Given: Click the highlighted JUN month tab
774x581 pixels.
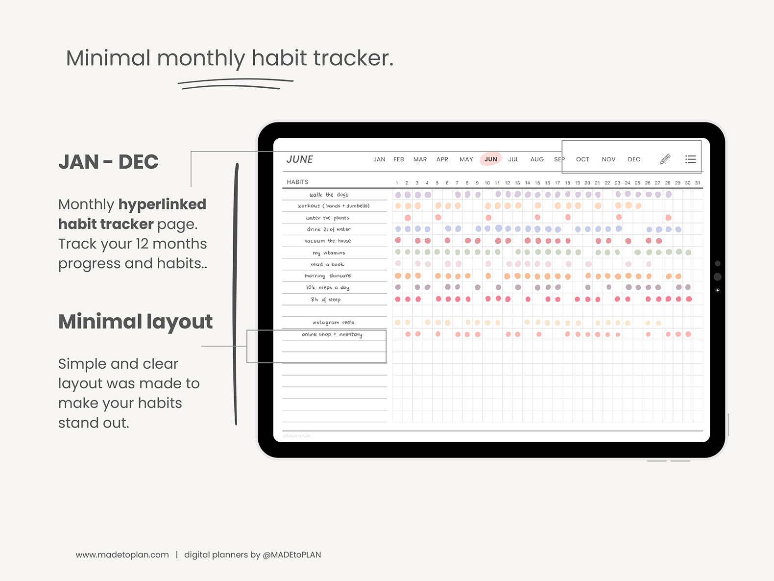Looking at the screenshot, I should tap(490, 159).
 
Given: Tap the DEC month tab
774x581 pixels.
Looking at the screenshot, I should tap(634, 159).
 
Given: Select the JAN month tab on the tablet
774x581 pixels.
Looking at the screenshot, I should tap(379, 159).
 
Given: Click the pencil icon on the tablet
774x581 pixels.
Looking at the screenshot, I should tap(665, 159).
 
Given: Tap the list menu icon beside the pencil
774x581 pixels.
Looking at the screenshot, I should tap(690, 159).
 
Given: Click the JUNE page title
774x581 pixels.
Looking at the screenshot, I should tap(300, 159).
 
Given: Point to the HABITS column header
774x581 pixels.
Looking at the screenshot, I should tap(297, 182).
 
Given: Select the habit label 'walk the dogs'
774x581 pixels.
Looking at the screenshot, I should tap(329, 195).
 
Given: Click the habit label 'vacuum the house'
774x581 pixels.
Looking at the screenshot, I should tap(328, 241).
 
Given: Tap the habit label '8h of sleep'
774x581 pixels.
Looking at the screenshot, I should tap(325, 299).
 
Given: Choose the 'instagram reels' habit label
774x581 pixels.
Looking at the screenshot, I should tap(333, 322).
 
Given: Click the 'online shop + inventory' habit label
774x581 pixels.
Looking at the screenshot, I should tap(332, 334).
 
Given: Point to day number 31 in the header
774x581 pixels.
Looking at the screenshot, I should tap(698, 183).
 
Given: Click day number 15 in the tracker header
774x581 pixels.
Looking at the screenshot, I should tap(537, 183).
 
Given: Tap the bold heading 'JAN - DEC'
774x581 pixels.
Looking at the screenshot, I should tap(108, 162).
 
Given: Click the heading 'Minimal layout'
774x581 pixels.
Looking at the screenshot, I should tap(135, 322).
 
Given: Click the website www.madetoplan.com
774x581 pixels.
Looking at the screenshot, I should tap(122, 555).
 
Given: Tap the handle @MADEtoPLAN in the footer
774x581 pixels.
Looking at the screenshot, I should tap(292, 555).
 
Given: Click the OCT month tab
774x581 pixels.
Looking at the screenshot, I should tap(582, 159).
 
